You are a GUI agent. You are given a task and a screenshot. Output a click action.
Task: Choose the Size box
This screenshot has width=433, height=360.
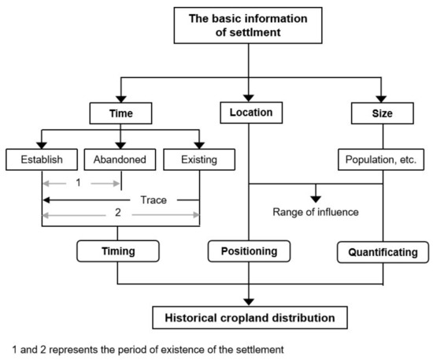382,114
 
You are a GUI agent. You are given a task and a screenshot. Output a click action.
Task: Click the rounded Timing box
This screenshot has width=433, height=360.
118,253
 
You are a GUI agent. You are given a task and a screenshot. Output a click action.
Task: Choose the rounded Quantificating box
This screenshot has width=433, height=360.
383,253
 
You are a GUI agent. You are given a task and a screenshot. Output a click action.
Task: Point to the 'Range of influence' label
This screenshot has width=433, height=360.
315,211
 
